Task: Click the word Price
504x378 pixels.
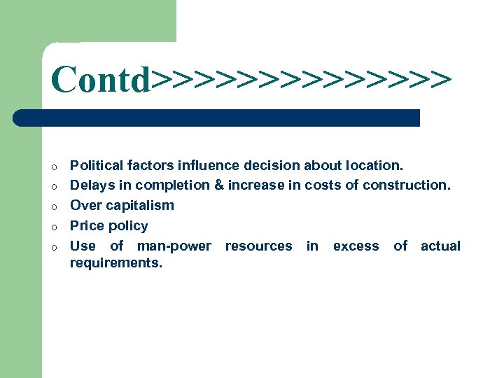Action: click(x=88, y=226)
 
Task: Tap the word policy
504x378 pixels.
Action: click(x=129, y=226)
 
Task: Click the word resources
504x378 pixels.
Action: click(x=258, y=246)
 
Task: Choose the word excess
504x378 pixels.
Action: click(x=356, y=246)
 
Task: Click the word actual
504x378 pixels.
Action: click(x=440, y=246)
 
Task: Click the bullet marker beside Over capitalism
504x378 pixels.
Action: click(x=53, y=206)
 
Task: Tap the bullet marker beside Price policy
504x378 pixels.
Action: click(x=53, y=227)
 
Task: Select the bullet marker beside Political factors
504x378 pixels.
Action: click(x=53, y=167)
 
